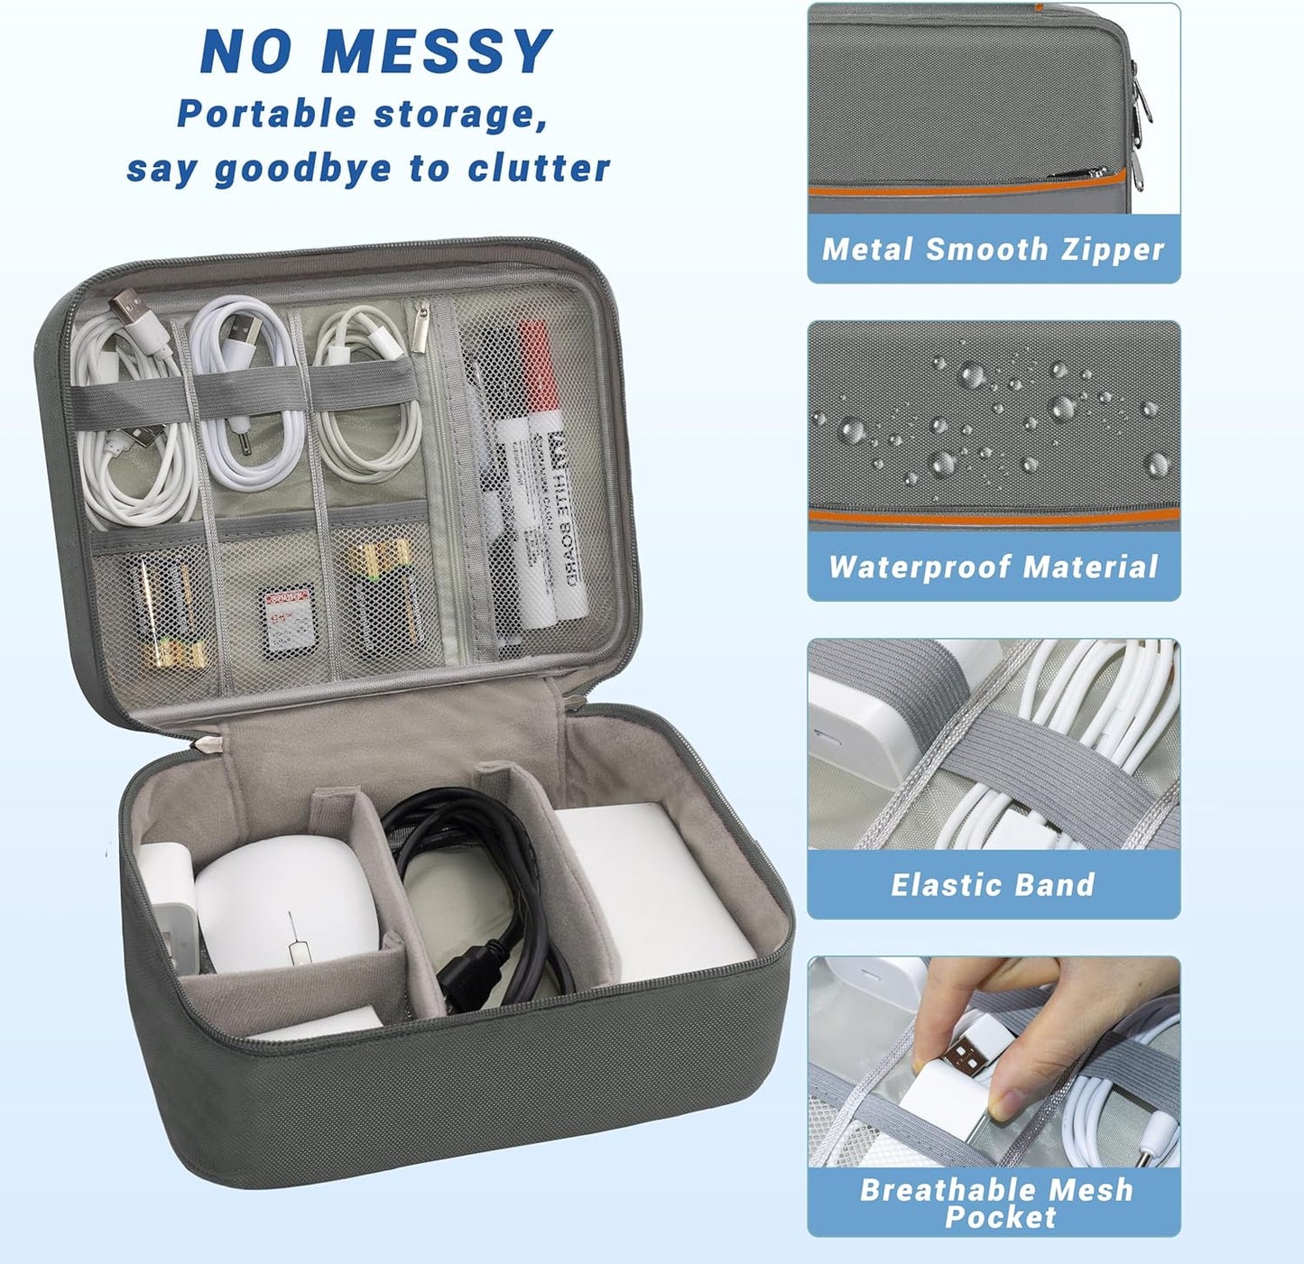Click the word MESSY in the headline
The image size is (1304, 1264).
point(437,51)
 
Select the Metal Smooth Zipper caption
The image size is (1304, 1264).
point(993,249)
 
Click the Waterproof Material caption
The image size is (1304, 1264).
point(993,567)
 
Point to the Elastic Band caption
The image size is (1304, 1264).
point(993,884)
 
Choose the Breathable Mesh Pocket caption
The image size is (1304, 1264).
point(995,1203)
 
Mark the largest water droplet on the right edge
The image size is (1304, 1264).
point(1157,465)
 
